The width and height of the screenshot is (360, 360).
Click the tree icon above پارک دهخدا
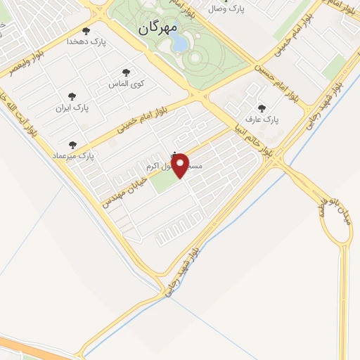point(86,31)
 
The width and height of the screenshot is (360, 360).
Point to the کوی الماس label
point(127,83)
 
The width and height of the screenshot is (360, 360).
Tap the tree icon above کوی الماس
point(127,72)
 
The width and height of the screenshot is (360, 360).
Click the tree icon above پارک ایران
point(71,96)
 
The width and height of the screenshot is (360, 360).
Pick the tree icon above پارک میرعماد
point(72,144)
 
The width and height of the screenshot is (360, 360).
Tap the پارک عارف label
point(263,120)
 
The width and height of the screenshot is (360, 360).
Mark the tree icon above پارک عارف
point(262,108)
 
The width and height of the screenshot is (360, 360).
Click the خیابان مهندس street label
point(124,188)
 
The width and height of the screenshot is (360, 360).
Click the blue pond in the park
point(179,44)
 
